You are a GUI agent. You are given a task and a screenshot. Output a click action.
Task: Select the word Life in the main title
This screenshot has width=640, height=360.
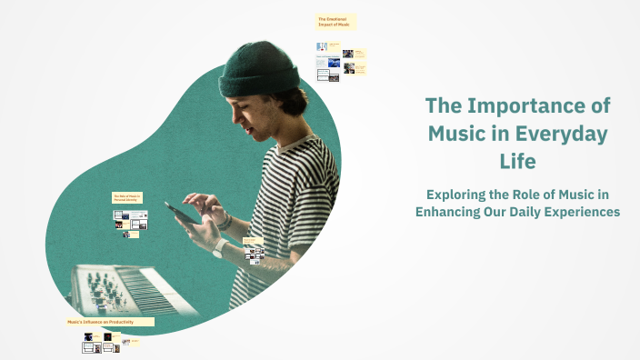[517, 162]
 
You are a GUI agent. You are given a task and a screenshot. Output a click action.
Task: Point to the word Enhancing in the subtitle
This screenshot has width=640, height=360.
[453, 212]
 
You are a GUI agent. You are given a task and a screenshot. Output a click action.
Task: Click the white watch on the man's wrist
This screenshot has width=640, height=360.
[219, 247]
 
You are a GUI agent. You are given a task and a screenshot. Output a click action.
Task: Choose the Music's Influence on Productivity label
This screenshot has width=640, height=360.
[109, 322]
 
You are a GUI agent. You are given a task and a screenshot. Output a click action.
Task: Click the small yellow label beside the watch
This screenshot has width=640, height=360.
[252, 240]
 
